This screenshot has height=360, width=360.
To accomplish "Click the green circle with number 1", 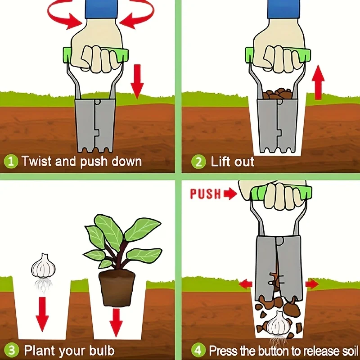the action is pos(11,162).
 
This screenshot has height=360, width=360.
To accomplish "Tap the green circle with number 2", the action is pos(198,162).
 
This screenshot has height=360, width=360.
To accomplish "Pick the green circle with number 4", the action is pos(198,351).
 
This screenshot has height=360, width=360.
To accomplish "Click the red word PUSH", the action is pos(206,194).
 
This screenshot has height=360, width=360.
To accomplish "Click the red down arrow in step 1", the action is pos(137,81).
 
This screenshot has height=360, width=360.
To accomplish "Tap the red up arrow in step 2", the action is pos(318,82).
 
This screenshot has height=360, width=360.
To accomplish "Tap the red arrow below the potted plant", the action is pos(116,323).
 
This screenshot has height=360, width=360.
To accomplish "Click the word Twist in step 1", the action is pos(37,161).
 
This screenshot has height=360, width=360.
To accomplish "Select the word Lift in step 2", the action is pos(219,162).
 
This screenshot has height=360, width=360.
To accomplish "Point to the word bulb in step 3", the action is pos(102,351).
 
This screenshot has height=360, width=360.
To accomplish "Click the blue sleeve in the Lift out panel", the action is pos(284,9).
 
